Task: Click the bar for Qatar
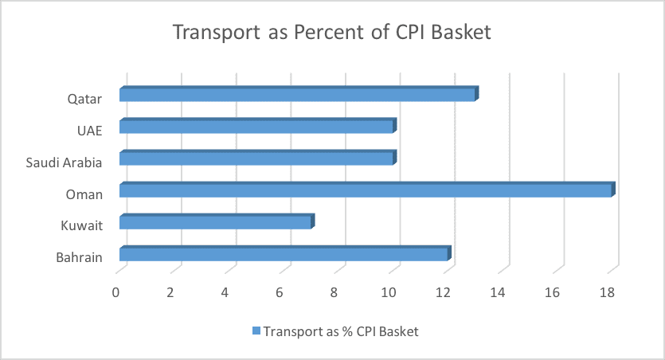click(x=299, y=94)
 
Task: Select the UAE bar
click(x=258, y=126)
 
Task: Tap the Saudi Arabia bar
click(x=258, y=158)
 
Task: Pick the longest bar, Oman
click(x=367, y=190)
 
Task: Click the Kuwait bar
click(x=217, y=221)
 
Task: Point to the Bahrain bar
click(x=285, y=253)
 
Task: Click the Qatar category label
click(x=85, y=100)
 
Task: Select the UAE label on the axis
click(x=90, y=131)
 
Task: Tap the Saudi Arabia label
click(x=64, y=162)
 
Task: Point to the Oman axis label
click(x=84, y=194)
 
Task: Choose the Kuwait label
click(x=82, y=225)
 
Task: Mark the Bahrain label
click(x=80, y=257)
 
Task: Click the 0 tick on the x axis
click(x=115, y=292)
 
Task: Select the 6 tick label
click(x=280, y=292)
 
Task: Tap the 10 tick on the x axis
click(x=389, y=292)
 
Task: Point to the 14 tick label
click(x=498, y=292)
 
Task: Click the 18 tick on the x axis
click(x=608, y=292)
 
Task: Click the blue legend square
click(x=256, y=331)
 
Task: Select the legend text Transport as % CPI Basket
click(x=341, y=331)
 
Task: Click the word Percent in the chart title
click(x=329, y=32)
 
